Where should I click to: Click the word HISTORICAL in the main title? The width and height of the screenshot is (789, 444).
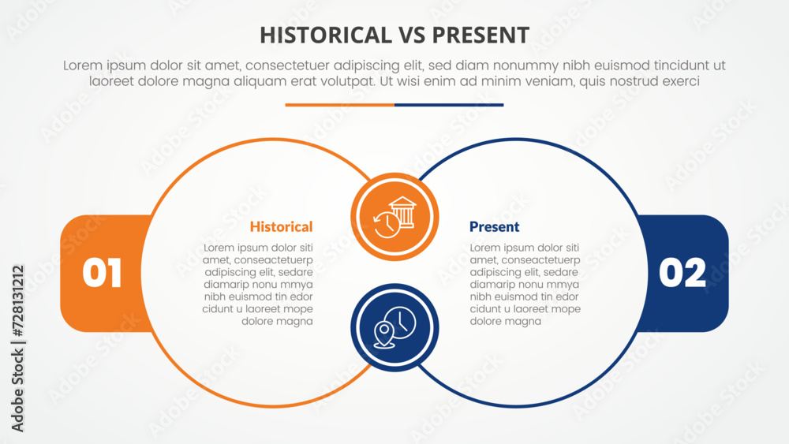326,35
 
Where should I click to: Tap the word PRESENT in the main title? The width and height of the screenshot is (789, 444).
481,35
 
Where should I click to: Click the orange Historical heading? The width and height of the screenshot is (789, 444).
282,227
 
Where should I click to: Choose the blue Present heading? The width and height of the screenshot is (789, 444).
494,227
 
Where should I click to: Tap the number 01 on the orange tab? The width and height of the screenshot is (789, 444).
102,273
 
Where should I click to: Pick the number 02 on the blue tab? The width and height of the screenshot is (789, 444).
682,273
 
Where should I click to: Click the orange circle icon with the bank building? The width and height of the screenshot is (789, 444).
394,217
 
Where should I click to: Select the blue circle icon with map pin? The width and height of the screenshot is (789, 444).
394,328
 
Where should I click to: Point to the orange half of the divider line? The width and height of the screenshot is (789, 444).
339,105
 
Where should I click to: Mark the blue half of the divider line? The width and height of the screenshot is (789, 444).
449,105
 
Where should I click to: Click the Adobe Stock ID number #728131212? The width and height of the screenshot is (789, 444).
17,300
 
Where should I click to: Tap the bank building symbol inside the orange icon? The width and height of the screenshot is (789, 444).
403,211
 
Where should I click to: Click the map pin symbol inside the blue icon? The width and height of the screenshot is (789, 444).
384,334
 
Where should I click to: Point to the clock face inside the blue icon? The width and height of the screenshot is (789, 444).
401,323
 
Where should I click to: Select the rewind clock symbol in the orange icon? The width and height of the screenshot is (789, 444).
387,225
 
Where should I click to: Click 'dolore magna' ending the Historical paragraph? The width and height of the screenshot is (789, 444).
277,321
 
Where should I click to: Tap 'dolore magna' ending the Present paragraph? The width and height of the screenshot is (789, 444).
506,321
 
